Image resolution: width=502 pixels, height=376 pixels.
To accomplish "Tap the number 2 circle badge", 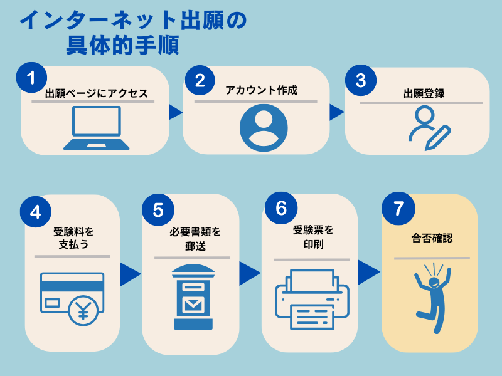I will click(200, 80).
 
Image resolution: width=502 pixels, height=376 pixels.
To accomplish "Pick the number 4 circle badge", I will click(36, 211).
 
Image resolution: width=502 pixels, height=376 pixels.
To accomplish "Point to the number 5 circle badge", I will click(158, 209).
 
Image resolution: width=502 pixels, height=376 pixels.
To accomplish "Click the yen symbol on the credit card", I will click(83, 310).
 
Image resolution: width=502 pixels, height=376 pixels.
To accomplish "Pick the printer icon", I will click(312, 299).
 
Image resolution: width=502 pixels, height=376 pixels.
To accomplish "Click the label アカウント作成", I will click(262, 90).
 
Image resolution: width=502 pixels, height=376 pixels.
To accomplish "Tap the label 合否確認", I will click(432, 239).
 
